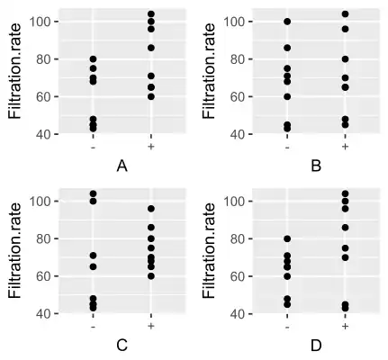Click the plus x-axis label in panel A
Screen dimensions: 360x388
pos(150,146)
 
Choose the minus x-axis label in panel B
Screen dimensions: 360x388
pos(287,146)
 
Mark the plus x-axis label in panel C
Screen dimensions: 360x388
pos(150,326)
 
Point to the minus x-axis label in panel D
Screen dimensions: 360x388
pos(287,326)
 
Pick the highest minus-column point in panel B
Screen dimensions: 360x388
pos(287,22)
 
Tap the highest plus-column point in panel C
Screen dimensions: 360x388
pos(150,209)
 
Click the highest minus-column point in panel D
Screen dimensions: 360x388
pos(287,238)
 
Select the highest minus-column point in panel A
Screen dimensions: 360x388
pos(93,59)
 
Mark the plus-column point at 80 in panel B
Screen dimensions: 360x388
pos(345,59)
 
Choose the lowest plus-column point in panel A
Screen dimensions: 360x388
pos(150,96)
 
